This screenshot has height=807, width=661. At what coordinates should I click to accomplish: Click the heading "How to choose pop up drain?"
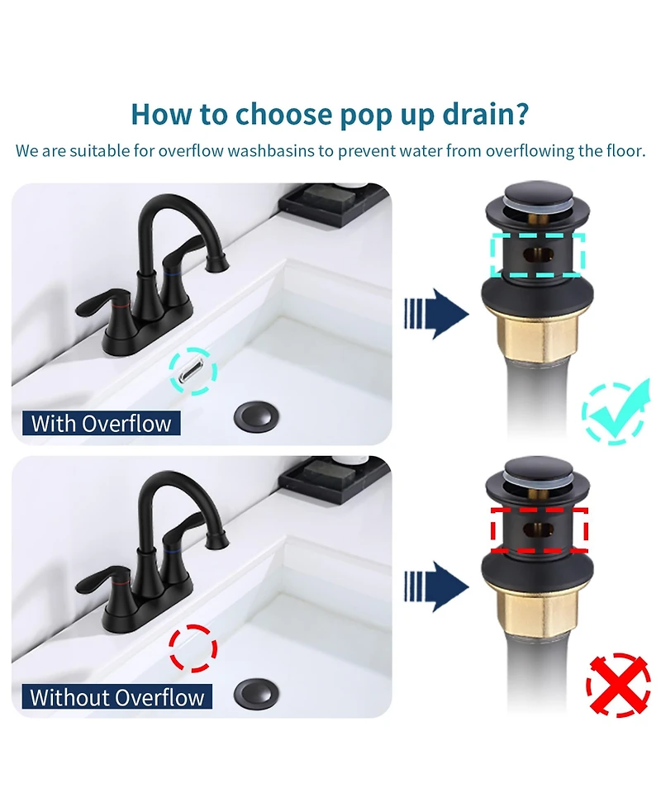pyautogui.click(x=330, y=113)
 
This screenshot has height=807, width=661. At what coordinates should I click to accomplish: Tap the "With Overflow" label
pyautogui.click(x=101, y=424)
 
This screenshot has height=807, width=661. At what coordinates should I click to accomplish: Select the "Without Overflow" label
pyautogui.click(x=117, y=696)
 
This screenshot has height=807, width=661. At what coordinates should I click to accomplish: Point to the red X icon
pyautogui.click(x=618, y=685)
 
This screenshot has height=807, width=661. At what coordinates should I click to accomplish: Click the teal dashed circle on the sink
pyautogui.click(x=193, y=369)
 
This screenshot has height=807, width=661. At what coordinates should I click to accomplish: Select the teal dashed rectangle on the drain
pyautogui.click(x=538, y=254)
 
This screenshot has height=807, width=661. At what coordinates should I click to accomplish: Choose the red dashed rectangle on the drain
pyautogui.click(x=539, y=529)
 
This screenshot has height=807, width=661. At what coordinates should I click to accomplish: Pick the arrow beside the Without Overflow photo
pyautogui.click(x=436, y=586)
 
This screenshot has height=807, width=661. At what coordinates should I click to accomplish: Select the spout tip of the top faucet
pyautogui.click(x=217, y=263)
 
